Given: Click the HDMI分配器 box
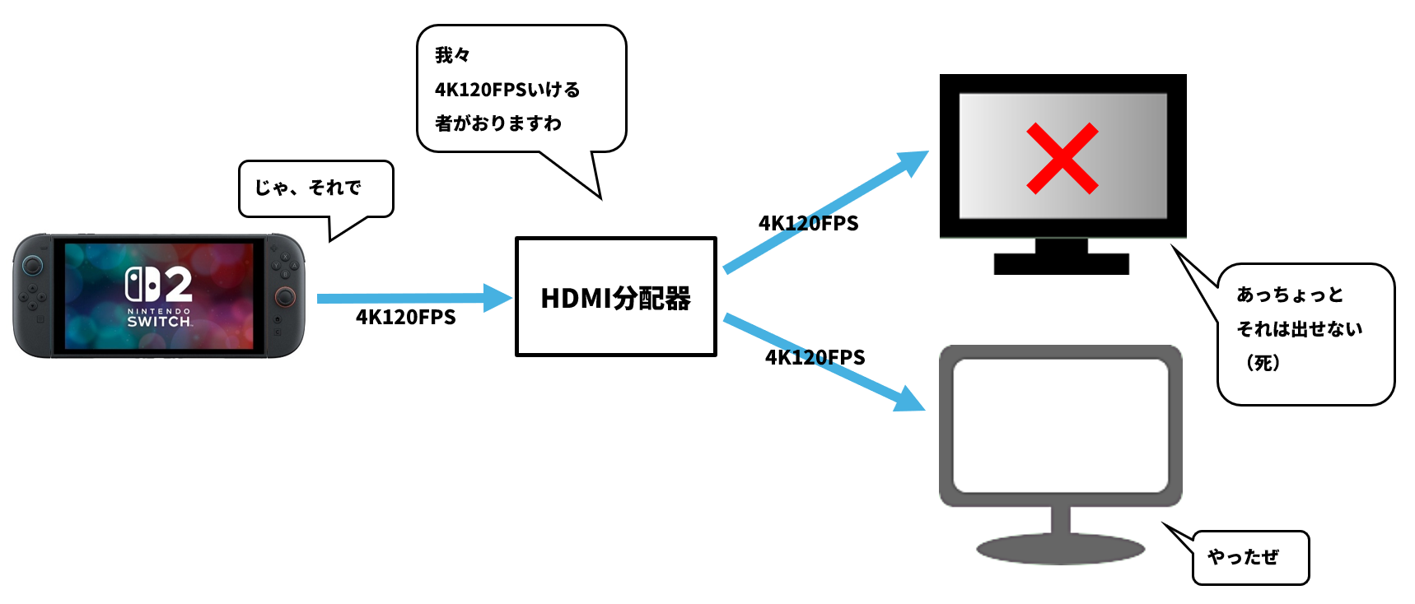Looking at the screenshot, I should [x=615, y=297].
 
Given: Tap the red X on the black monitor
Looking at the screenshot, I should [x=1062, y=159].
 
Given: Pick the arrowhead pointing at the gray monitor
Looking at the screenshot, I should [x=909, y=400].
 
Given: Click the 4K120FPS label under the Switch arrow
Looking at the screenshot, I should [x=405, y=318].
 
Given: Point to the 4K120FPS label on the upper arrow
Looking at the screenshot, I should [x=808, y=224].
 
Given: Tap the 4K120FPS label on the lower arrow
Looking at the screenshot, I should [x=815, y=358].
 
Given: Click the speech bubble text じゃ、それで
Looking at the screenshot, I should [x=308, y=188].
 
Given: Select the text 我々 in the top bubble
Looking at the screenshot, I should [x=452, y=55].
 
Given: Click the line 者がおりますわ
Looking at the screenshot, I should [x=498, y=123].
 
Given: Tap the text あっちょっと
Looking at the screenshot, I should [x=1290, y=295].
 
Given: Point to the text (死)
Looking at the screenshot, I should [x=1263, y=363].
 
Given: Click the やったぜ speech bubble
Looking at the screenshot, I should [x=1249, y=558].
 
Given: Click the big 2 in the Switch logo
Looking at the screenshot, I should [x=175, y=285].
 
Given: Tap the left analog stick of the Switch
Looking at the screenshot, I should [x=33, y=265].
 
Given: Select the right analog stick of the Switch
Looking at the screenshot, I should [x=285, y=296].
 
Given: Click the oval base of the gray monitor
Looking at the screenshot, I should [x=1060, y=550].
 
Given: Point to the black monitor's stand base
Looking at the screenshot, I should [x=1061, y=264].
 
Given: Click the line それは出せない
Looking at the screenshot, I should [x=1299, y=329].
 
